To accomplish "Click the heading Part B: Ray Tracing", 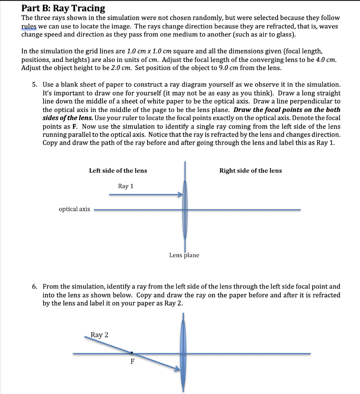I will click(x=63, y=8).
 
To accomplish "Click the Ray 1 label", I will click(x=126, y=186).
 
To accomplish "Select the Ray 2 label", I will click(x=100, y=335).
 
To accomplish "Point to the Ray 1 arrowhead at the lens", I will click(x=179, y=195).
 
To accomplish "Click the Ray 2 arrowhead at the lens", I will click(x=177, y=370).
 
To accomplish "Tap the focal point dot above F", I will click(x=132, y=352).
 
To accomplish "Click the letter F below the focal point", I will click(x=132, y=362).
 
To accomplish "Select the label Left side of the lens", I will click(x=118, y=170).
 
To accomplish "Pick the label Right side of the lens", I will click(x=250, y=170).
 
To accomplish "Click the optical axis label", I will click(x=74, y=209).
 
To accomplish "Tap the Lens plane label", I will click(x=184, y=255).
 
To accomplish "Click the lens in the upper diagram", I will click(x=185, y=210).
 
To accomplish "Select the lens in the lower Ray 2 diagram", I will click(x=183, y=353).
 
